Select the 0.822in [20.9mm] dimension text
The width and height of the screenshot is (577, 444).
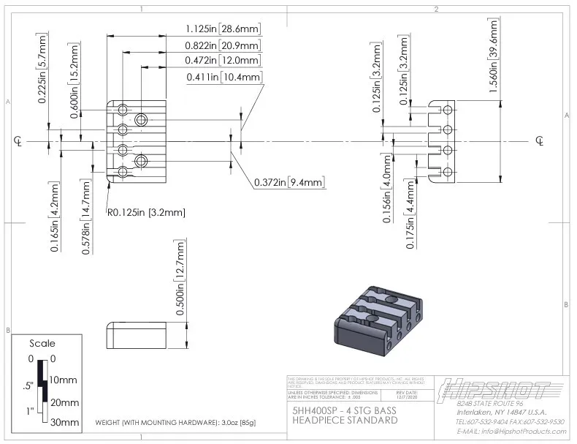click(x=222, y=45)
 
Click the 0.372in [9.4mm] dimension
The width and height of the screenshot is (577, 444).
click(x=289, y=182)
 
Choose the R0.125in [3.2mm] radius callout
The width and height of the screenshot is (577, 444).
click(x=146, y=213)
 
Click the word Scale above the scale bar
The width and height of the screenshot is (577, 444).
click(x=42, y=343)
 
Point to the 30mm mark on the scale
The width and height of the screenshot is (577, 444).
click(x=64, y=422)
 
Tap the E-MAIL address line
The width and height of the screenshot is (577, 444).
click(x=511, y=432)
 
